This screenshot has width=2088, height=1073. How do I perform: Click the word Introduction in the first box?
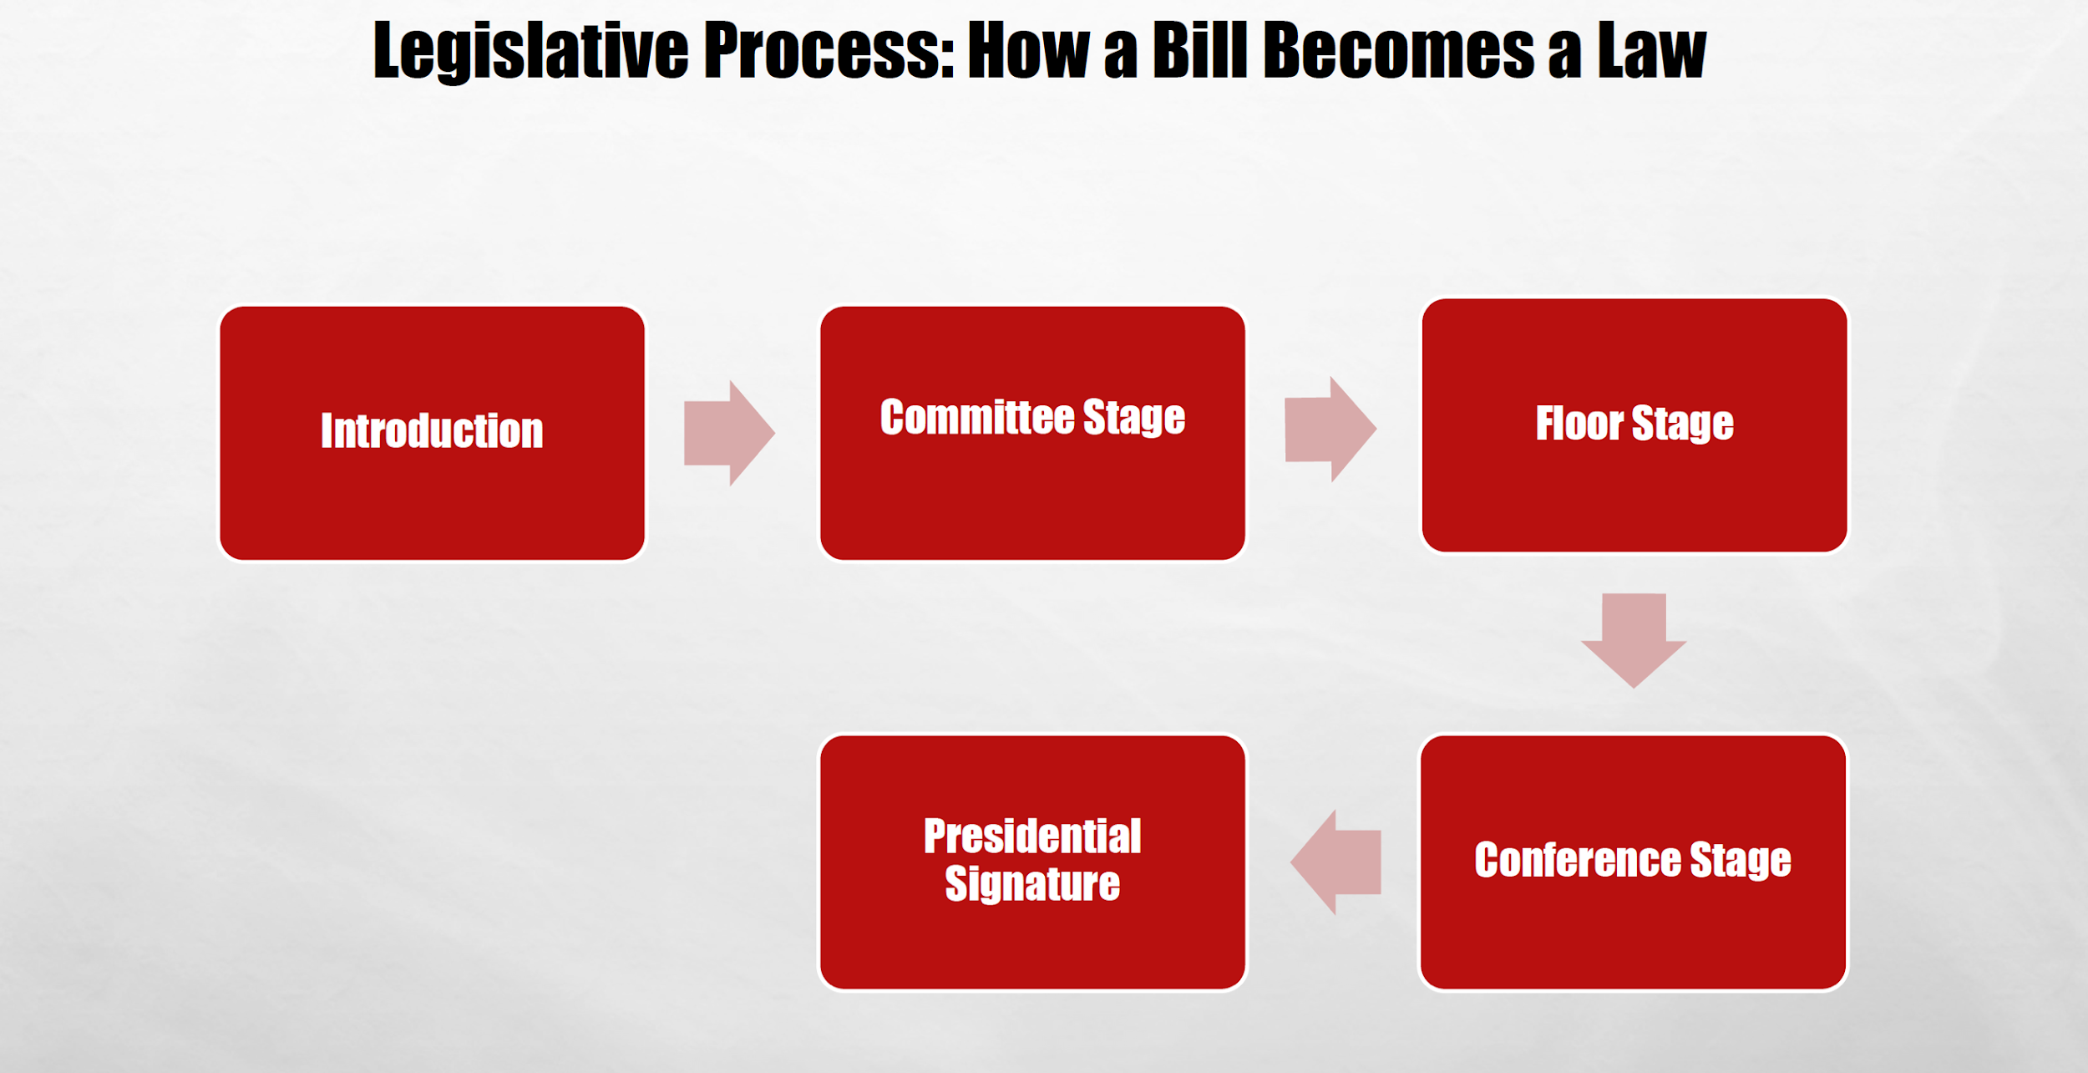(432, 431)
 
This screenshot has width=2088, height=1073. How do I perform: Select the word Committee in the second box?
(976, 417)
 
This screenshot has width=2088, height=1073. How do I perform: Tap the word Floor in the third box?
(1579, 423)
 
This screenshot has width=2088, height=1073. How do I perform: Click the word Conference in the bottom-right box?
(1577, 860)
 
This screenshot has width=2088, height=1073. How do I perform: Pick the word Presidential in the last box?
(1032, 837)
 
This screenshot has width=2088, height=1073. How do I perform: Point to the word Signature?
(1032, 884)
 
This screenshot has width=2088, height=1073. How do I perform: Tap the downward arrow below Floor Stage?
(1634, 639)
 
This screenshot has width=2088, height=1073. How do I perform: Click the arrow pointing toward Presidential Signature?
(1336, 862)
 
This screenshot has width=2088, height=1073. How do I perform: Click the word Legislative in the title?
(530, 52)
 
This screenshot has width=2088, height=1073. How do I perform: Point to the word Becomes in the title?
(1399, 52)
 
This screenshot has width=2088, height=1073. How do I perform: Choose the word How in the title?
(1028, 52)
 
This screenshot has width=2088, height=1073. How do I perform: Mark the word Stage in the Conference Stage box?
(1741, 861)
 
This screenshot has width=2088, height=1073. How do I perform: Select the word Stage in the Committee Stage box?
(1133, 418)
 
